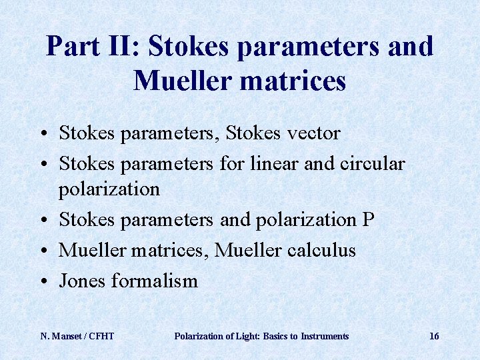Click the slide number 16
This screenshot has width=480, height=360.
[x=434, y=336]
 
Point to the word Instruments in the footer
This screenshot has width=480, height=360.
[x=325, y=336]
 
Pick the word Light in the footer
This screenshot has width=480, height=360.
[x=240, y=336]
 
